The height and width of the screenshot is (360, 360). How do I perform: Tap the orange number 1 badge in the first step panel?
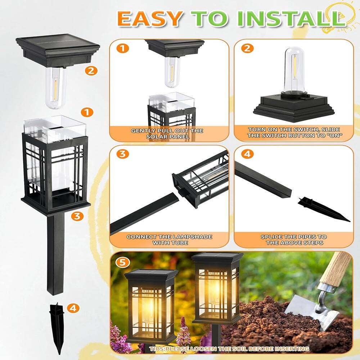[123, 48]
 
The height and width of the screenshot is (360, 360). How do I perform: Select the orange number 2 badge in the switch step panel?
[247, 48]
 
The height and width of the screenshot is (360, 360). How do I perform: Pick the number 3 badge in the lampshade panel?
[123, 154]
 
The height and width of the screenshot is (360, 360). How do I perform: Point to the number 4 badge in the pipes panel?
[247, 154]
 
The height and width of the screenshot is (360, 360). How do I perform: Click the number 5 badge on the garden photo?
[123, 262]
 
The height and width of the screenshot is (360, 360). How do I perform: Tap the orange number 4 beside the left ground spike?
[73, 308]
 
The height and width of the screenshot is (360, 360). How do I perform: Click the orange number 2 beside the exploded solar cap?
[91, 71]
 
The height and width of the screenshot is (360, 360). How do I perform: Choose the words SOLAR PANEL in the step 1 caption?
[168, 136]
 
